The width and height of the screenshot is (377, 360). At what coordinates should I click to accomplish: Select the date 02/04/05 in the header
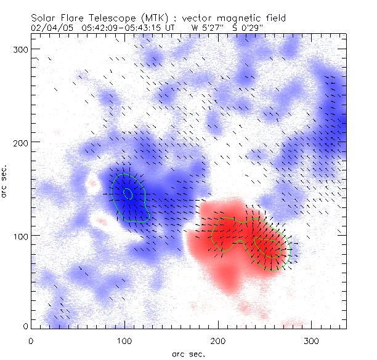pyautogui.click(x=51, y=28)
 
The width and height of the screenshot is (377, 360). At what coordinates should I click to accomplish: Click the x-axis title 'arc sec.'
pyautogui.click(x=188, y=353)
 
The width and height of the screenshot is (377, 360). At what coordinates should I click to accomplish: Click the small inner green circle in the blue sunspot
pyautogui.click(x=128, y=194)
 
